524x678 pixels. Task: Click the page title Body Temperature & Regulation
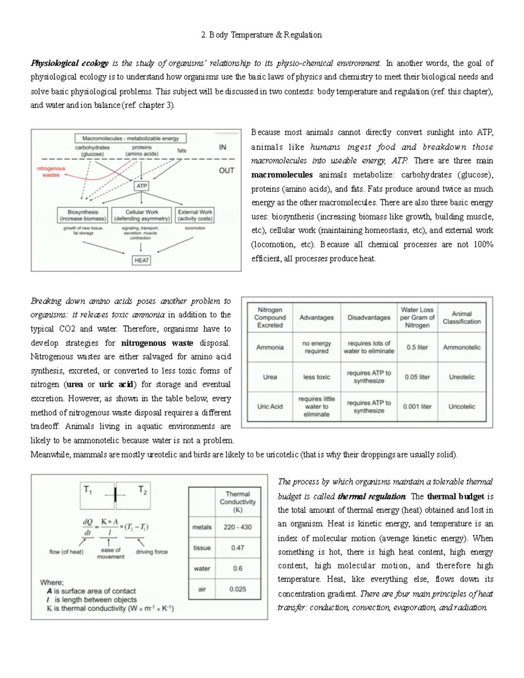point(262,35)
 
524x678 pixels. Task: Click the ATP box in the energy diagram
point(141,186)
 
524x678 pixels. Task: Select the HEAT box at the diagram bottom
point(141,260)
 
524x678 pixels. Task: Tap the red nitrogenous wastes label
point(51,172)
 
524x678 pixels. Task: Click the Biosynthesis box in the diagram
point(83,215)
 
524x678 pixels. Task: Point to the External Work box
point(195,215)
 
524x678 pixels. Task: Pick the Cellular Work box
point(141,215)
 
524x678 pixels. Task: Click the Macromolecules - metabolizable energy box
point(131,138)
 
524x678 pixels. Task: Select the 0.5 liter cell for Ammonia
point(417,348)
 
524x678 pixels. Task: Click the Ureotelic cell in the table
point(462,377)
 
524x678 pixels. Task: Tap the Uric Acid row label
point(270,406)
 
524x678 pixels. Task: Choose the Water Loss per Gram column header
point(417,317)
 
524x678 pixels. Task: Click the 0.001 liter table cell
point(417,406)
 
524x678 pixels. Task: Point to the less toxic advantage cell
point(317,377)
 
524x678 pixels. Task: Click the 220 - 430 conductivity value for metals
point(238,527)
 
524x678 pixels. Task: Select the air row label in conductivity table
point(202,589)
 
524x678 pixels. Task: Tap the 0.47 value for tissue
point(238,548)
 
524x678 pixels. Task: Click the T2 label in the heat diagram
point(142,490)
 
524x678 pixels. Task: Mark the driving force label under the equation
point(152,552)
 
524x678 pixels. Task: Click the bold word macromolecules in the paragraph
point(282,175)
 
